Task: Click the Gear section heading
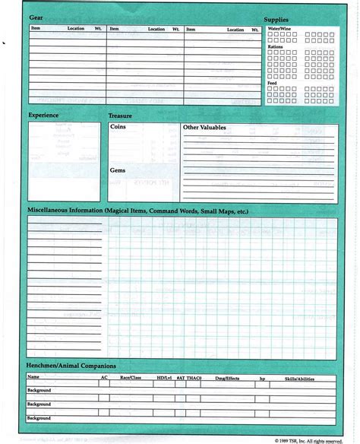pos(35,17)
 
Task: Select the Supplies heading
pos(276,19)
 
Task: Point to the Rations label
pos(275,47)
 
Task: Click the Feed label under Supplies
pos(272,82)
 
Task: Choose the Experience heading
pos(44,115)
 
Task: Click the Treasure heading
pos(120,115)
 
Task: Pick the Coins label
pos(118,128)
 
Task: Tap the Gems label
pos(118,171)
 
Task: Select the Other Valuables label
pos(204,128)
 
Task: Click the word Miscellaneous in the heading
pos(50,210)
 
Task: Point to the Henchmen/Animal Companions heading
pos(69,366)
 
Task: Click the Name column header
pos(33,377)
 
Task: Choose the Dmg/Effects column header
pos(227,377)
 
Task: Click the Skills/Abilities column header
pos(299,377)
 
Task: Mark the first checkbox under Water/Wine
pos(270,35)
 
